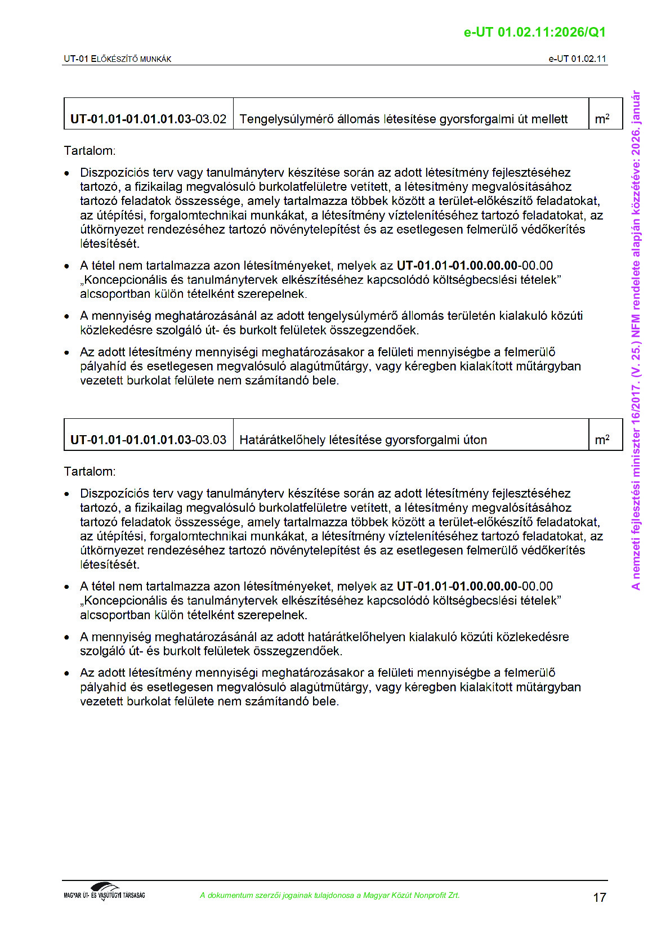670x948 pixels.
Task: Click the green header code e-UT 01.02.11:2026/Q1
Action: pos(534,32)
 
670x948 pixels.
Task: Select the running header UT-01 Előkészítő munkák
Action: pos(118,59)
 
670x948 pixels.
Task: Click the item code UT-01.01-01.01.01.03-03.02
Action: pos(148,119)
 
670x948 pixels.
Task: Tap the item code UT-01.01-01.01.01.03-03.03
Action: pos(148,440)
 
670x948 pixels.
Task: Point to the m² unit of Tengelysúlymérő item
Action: pos(602,119)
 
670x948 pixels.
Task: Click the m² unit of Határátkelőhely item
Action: pos(602,440)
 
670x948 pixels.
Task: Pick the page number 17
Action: pos(600,897)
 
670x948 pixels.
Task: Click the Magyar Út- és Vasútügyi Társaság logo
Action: pos(105,892)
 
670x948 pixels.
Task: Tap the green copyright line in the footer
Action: pos(329,895)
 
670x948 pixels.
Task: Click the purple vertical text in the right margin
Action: pos(636,341)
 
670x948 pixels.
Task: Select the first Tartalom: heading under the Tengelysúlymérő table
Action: pos(90,151)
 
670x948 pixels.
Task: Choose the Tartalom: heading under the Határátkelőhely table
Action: pos(90,472)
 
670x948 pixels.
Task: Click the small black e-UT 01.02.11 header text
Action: pos(577,59)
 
